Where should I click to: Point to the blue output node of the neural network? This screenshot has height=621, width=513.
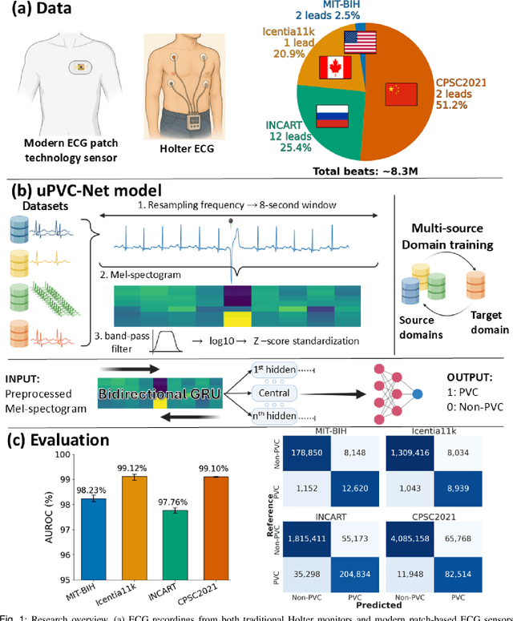click(418, 393)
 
